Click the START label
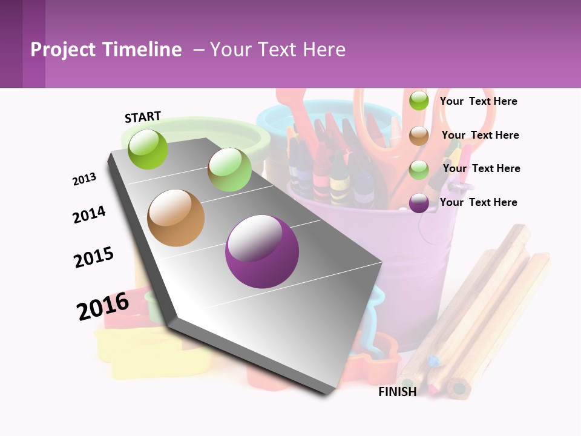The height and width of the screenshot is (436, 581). [x=143, y=117]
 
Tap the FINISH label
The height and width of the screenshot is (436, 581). [x=397, y=392]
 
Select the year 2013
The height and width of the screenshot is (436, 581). [x=84, y=179]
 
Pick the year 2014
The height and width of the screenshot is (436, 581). [x=89, y=214]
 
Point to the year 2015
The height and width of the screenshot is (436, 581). [x=94, y=257]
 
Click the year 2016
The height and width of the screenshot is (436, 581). [x=103, y=306]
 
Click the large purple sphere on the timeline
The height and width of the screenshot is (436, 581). [x=262, y=251]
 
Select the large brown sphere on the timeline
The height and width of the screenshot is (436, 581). [x=176, y=218]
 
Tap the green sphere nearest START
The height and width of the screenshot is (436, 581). [x=148, y=149]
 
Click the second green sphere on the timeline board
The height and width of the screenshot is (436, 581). [x=229, y=170]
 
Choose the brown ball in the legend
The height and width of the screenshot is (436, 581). [x=419, y=136]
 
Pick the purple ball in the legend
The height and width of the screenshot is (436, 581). [x=419, y=203]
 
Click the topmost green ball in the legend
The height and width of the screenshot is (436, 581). [x=419, y=101]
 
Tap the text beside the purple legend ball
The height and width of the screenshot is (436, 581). [x=478, y=202]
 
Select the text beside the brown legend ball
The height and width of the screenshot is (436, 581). [x=480, y=135]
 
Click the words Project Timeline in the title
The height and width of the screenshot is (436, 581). [x=106, y=50]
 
